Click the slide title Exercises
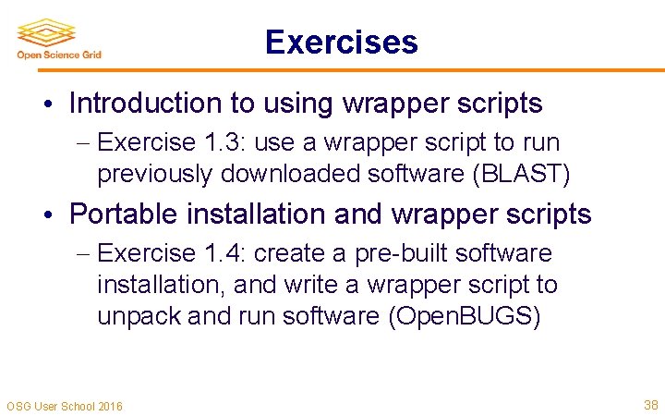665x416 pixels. click(341, 43)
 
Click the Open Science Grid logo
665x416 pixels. click(58, 39)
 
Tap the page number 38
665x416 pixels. click(650, 405)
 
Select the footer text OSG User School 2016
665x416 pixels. click(65, 406)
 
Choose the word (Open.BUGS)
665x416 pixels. click(464, 315)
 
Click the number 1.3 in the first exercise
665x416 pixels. click(223, 142)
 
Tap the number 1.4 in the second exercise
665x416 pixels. click(223, 253)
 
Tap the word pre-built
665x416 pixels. click(405, 253)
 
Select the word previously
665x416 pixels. click(153, 173)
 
